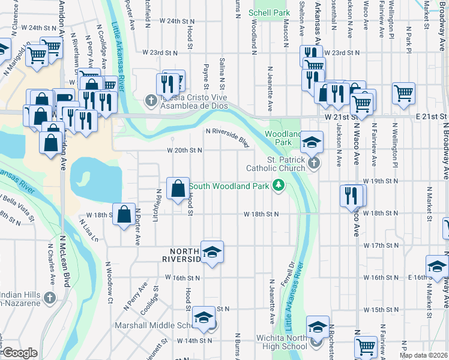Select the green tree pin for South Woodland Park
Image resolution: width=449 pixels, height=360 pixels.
pos(278,186)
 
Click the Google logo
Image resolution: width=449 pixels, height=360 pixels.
pos(20,353)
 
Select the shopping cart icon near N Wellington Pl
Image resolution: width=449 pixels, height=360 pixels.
pos(403,93)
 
